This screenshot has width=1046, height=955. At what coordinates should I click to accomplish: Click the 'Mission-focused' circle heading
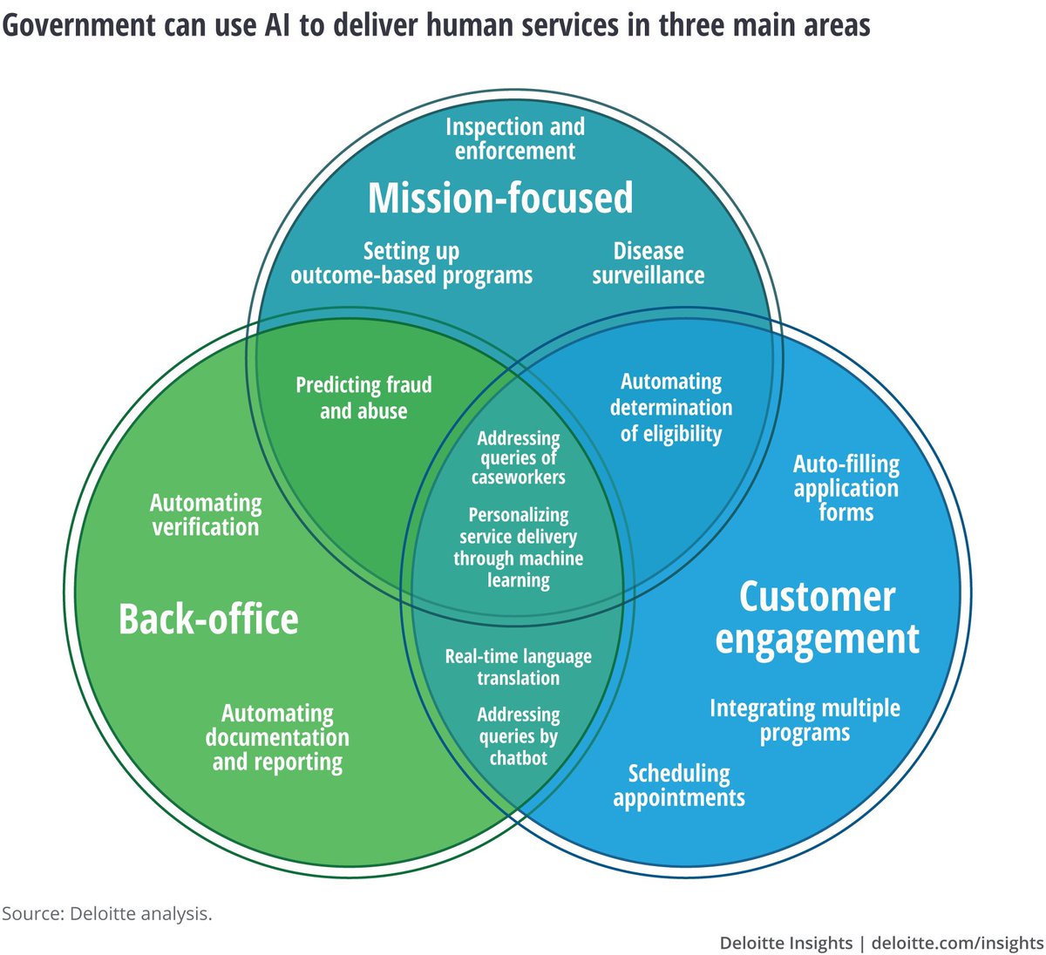click(500, 199)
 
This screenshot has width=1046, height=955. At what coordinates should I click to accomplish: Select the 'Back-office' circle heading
click(208, 620)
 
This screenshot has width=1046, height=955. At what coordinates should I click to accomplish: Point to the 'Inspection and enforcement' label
click(514, 139)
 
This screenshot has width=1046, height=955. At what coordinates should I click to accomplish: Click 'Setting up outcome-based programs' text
click(411, 264)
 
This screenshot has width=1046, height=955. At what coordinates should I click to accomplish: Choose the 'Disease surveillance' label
click(648, 264)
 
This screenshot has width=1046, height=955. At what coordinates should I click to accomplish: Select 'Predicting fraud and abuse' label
click(363, 398)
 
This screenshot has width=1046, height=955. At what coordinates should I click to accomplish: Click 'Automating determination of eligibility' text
click(670, 408)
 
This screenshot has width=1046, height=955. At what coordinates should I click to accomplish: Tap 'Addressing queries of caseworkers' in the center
click(518, 458)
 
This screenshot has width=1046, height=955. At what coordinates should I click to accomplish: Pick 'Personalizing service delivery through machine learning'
click(518, 548)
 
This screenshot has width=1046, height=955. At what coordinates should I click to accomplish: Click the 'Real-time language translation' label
click(518, 667)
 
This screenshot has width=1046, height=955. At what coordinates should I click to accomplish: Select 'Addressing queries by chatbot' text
click(518, 737)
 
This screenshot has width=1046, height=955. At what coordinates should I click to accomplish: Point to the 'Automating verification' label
click(206, 515)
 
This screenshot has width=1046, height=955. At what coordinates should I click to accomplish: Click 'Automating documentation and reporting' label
click(277, 738)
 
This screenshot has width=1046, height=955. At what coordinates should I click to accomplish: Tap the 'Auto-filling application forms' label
click(846, 488)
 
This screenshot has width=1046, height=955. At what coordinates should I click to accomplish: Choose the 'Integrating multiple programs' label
click(805, 721)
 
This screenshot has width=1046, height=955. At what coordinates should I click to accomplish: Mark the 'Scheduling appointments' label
click(678, 786)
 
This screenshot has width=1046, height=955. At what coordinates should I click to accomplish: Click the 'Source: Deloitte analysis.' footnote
click(106, 914)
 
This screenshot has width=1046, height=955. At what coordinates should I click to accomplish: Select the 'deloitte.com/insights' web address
click(957, 943)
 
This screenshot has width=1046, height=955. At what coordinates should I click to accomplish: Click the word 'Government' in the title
click(77, 24)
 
